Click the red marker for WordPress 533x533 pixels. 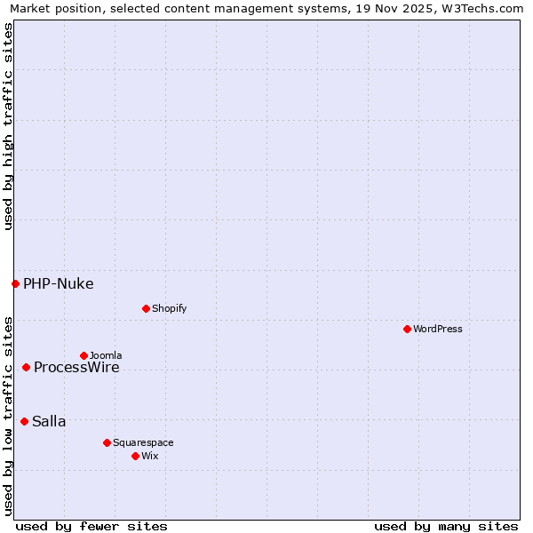point(407,329)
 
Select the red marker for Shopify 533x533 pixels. point(146,308)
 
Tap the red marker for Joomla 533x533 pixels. point(84,355)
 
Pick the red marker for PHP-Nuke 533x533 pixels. point(15,283)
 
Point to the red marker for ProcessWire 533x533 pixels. point(26,367)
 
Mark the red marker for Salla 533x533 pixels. point(24,421)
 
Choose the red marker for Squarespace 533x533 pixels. point(107,442)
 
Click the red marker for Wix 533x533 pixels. point(135,456)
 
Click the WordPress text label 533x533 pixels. point(438,329)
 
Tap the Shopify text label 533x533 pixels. point(169,308)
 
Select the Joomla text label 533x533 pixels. point(106,355)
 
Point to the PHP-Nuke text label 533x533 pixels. point(59,284)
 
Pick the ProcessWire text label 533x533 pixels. point(76,368)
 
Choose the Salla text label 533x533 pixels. point(49,422)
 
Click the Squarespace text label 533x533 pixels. point(143,442)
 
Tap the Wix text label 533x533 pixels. point(149,456)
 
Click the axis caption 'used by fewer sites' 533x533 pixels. point(91,526)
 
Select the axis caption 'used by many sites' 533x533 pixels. point(446,526)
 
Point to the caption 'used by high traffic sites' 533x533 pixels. point(9,126)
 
